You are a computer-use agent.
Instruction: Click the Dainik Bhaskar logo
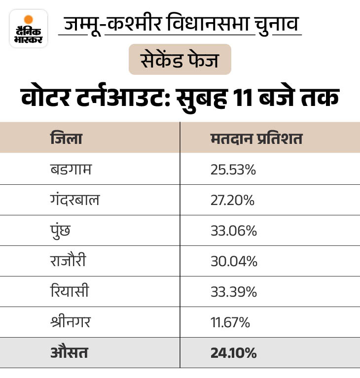(x=29, y=28)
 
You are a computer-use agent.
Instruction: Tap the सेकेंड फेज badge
(x=180, y=60)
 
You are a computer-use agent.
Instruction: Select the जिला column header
(x=67, y=138)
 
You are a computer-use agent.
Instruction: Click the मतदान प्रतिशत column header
(x=256, y=138)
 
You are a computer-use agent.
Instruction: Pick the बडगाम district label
(x=71, y=170)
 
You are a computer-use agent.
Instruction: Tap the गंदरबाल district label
(x=75, y=200)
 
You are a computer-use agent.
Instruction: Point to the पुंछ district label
(x=60, y=231)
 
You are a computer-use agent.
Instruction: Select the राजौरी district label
(x=68, y=261)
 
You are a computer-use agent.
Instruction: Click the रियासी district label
(x=69, y=292)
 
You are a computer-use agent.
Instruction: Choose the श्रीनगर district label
(x=70, y=322)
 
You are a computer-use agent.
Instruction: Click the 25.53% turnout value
(x=233, y=170)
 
